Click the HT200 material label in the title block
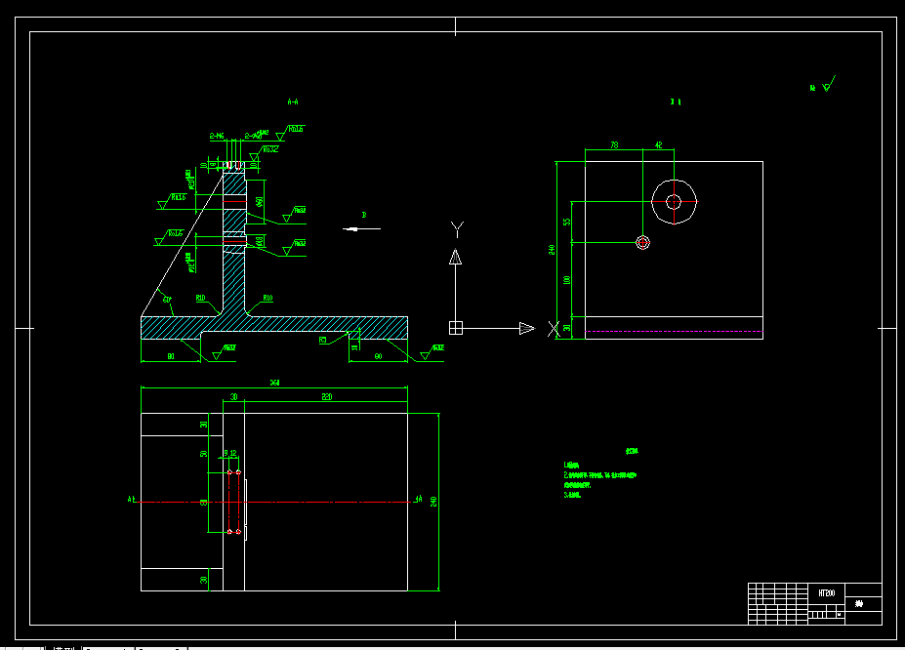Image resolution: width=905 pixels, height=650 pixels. coord(826,592)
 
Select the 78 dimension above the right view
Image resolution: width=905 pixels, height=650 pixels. coord(614,144)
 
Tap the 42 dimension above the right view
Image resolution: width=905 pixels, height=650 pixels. coord(658,144)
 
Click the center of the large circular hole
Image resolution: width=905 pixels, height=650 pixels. coord(673,201)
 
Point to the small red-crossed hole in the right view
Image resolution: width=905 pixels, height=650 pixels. coord(642,242)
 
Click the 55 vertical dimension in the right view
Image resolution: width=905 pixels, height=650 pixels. coord(567,222)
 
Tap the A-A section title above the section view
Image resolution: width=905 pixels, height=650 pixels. coord(292,101)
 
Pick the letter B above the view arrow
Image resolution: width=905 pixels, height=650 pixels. coord(363,214)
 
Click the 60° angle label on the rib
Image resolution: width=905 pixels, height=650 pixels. coord(167,298)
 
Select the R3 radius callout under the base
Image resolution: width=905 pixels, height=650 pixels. coord(322,341)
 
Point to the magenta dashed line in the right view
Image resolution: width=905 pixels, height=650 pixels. coord(674,333)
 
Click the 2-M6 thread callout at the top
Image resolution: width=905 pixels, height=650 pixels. coord(217,136)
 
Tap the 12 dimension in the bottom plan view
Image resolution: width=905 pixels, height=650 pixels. coord(233,453)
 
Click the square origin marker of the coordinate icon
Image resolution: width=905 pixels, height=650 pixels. coord(455,328)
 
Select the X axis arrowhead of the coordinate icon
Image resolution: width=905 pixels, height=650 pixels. coord(527,328)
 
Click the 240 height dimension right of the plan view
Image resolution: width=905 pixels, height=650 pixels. coord(432,502)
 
